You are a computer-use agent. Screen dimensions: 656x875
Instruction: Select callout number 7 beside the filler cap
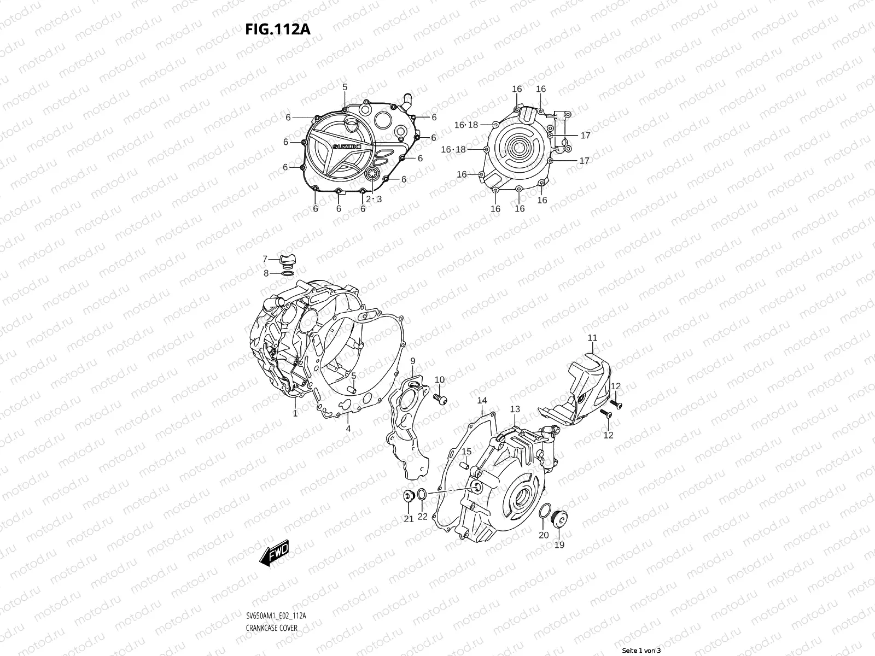pos(265,259)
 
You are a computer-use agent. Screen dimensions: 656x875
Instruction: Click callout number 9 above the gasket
pos(413,361)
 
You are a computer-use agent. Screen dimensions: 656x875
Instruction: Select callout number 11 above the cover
pos(593,338)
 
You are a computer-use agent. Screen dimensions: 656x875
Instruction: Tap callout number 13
pos(515,409)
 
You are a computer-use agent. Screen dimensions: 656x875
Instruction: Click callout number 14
pos(482,401)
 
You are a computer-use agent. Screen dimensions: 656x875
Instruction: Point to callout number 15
pos(466,452)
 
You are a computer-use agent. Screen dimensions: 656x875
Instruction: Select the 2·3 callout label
pos(374,199)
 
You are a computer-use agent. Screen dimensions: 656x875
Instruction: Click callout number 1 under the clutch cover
pos(295,413)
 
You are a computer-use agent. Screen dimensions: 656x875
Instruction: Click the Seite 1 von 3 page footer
pos(641,650)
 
